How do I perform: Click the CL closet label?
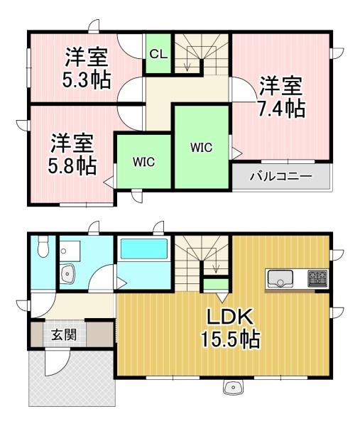(158, 55)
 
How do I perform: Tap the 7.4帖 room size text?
(282, 109)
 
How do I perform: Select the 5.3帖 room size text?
(87, 80)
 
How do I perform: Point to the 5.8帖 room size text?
(72, 165)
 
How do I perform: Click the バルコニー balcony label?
(280, 176)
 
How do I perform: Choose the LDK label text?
(230, 317)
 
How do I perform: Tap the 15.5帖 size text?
(230, 339)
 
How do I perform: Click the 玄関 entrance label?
(65, 334)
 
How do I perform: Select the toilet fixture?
(43, 246)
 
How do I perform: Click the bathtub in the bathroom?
(144, 248)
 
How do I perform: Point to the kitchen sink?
(280, 278)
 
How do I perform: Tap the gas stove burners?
(317, 278)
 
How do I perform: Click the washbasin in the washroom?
(67, 273)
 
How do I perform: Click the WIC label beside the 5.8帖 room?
(143, 162)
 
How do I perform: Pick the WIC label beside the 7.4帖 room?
(202, 148)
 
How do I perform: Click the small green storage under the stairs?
(217, 284)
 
